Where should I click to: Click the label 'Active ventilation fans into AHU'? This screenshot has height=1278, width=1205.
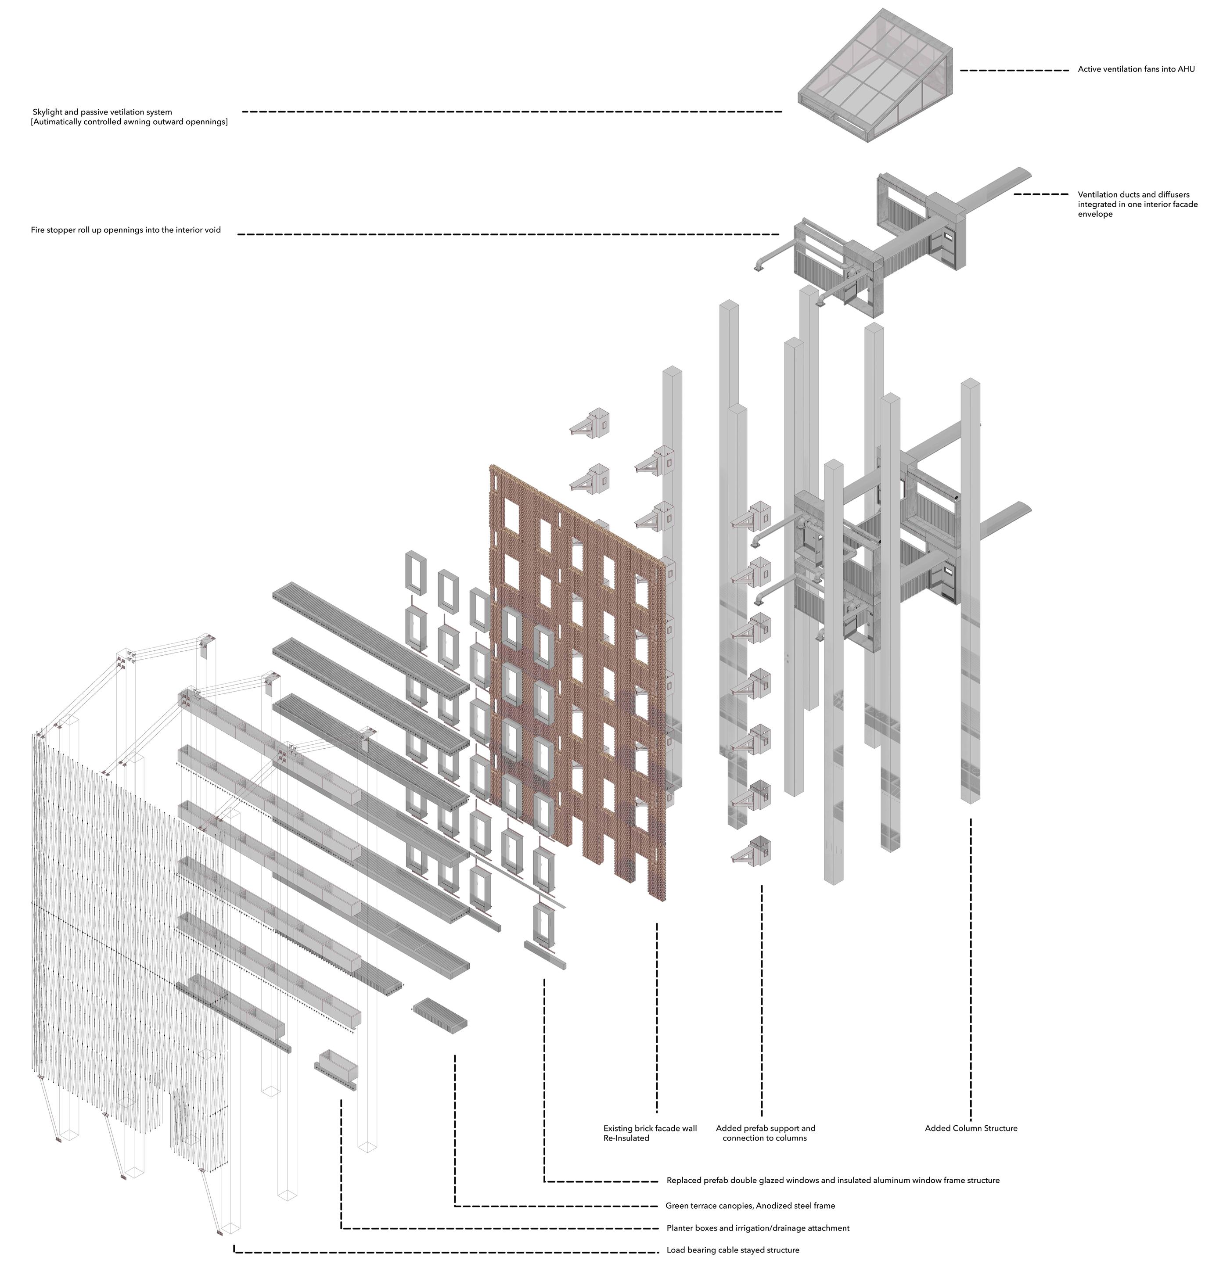tap(1136, 69)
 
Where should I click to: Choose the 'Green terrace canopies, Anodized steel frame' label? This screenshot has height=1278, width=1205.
tap(750, 1205)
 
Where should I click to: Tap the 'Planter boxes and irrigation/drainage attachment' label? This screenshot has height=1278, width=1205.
tap(758, 1228)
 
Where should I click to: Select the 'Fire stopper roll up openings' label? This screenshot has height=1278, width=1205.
tap(126, 230)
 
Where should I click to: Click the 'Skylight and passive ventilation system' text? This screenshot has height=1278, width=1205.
tap(102, 112)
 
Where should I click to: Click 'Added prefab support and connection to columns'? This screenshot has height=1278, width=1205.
tap(765, 1133)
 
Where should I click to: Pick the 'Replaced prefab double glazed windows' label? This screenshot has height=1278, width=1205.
tap(833, 1180)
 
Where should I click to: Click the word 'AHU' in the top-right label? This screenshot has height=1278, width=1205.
tap(1187, 69)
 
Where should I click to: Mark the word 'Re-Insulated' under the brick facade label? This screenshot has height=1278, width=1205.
tap(626, 1138)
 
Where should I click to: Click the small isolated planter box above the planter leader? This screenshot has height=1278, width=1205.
tap(336, 1070)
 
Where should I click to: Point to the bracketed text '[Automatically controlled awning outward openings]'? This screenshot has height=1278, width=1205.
tap(129, 122)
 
